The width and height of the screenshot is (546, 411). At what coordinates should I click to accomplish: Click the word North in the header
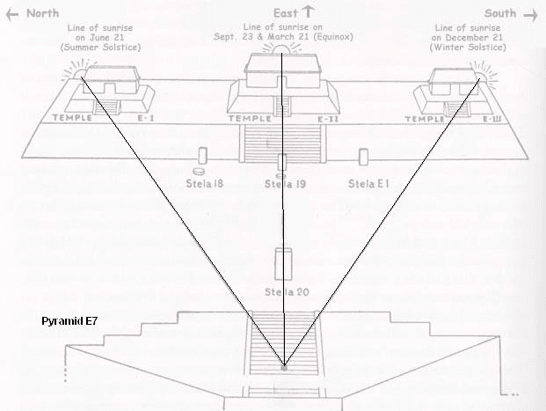(x=39, y=12)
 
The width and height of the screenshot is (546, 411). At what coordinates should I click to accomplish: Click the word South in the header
(x=500, y=12)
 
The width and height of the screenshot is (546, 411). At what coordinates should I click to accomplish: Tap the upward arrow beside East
(x=308, y=12)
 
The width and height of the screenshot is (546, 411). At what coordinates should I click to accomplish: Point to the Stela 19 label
(x=285, y=184)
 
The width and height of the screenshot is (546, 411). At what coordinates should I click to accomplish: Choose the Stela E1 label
(x=364, y=183)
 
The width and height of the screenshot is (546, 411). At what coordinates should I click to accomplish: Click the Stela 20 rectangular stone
(x=283, y=264)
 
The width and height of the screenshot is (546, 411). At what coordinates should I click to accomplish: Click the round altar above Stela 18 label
(x=200, y=171)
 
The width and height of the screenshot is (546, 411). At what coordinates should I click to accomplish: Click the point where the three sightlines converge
(x=283, y=365)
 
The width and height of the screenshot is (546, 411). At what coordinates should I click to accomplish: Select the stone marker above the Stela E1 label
(x=363, y=157)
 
